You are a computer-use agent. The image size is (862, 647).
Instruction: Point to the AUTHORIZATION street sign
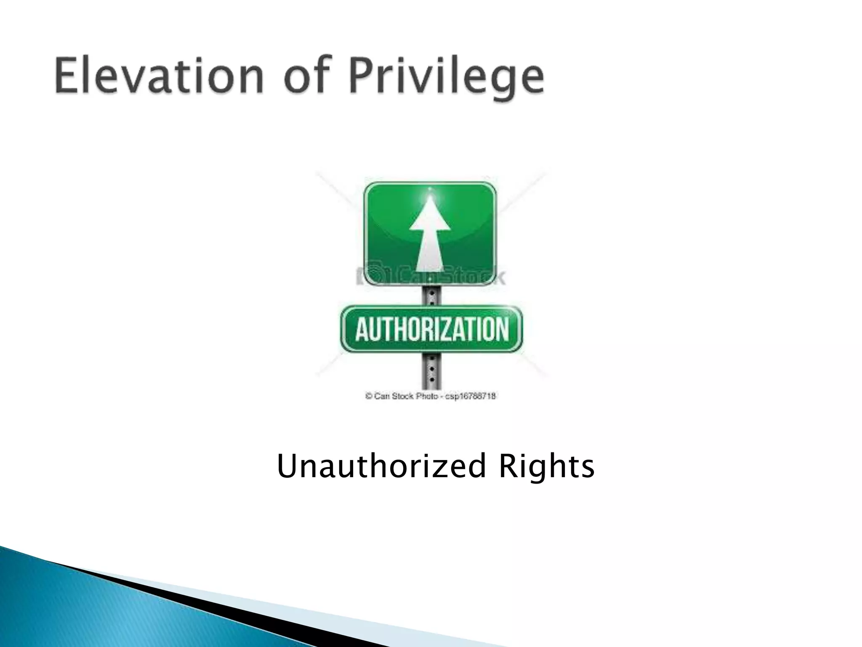431,329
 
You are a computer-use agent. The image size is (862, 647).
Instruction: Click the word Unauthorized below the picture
381,466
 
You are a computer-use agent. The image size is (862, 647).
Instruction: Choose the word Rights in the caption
546,466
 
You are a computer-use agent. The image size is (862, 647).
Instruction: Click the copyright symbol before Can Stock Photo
369,396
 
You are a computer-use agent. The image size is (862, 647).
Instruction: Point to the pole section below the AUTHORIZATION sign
431,371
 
